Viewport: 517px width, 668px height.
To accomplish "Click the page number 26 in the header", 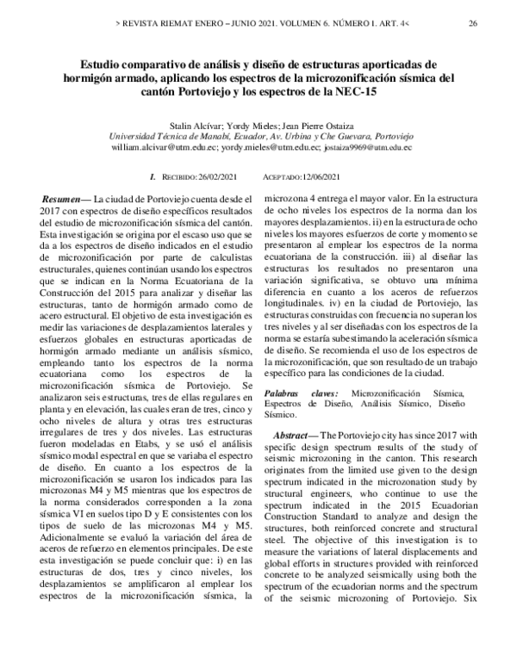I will coord(473,23).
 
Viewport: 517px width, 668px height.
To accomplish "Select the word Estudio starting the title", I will coord(103,64).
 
